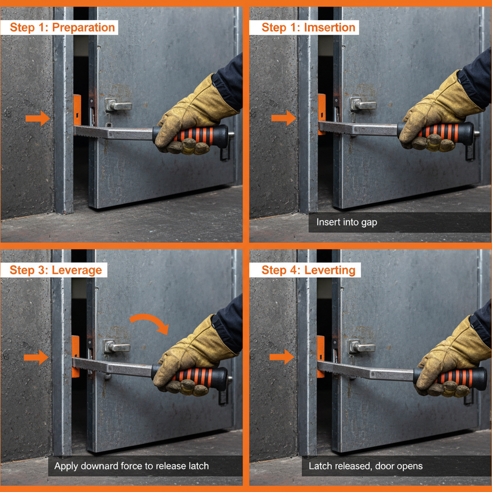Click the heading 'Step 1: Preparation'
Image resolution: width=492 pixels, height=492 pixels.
click(62, 27)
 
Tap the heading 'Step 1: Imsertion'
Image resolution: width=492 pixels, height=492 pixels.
click(308, 27)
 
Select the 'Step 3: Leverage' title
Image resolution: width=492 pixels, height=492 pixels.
click(56, 270)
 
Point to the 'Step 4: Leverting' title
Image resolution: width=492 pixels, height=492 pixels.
click(308, 270)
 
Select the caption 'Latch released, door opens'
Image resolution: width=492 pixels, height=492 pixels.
click(366, 466)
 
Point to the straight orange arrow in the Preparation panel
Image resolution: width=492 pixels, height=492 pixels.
click(37, 118)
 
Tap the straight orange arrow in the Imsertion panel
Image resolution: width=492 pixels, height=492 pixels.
click(283, 118)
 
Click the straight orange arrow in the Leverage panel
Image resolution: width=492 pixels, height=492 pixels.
click(36, 357)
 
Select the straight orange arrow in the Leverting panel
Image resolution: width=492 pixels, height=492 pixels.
click(282, 357)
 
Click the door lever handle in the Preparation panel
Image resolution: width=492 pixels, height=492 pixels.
click(118, 106)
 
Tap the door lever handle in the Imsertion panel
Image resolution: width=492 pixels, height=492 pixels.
click(363, 104)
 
